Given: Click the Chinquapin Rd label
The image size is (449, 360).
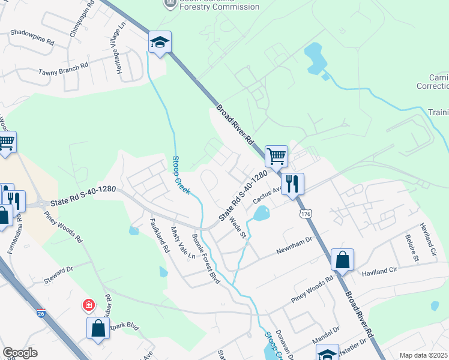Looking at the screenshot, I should [x=82, y=19].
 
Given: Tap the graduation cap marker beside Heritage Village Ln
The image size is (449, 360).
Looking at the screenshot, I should [x=160, y=43].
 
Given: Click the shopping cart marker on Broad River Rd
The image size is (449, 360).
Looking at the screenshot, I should [x=276, y=156].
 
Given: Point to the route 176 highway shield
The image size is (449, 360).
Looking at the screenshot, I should [x=306, y=214].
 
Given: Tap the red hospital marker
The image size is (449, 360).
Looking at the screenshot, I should [x=89, y=305].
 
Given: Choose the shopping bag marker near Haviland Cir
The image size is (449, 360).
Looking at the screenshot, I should [x=342, y=260].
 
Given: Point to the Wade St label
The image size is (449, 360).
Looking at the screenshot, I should [x=239, y=226].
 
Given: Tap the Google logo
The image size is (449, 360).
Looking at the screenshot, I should [x=20, y=353].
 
